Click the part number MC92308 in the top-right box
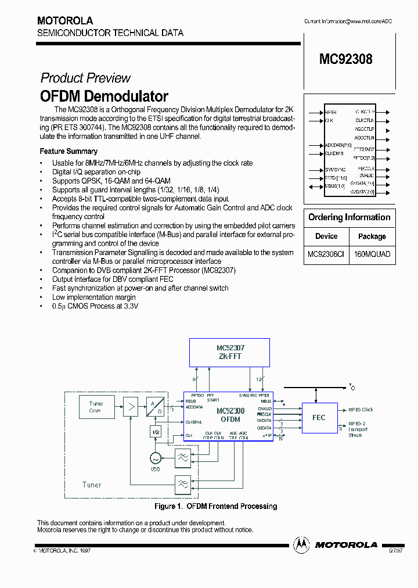[345, 59]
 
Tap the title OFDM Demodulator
[104, 96]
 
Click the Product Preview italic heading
[85, 78]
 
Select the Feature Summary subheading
[69, 151]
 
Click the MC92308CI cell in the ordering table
[326, 254]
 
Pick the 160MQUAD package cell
[372, 254]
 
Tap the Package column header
[372, 236]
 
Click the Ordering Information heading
[349, 217]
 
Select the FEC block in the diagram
[319, 417]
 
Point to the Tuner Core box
[96, 407]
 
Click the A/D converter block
[155, 407]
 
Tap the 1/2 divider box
[155, 432]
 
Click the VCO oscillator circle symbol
[155, 458]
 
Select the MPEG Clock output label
[361, 410]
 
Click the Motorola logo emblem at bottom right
[301, 544]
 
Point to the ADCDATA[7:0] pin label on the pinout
[338, 145]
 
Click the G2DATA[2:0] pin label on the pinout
[362, 191]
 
